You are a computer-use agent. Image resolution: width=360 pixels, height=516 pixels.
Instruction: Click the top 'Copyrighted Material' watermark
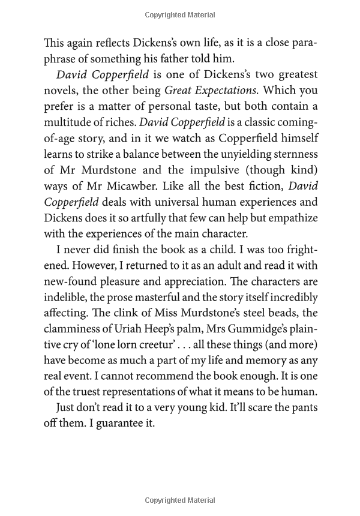(179, 11)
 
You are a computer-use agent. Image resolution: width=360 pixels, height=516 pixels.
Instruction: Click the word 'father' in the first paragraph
(203, 59)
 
